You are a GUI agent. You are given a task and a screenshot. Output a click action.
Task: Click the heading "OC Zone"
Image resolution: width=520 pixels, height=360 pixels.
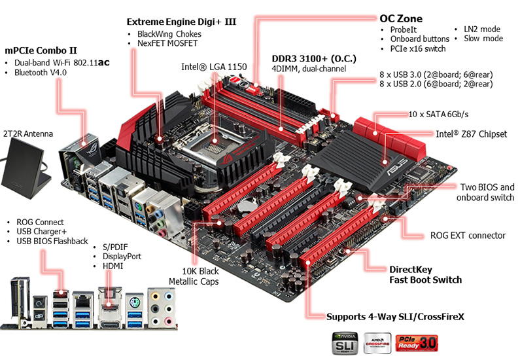tap(400, 18)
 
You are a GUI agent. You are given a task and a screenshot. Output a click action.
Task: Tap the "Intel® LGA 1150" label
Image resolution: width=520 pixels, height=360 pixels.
tap(214, 67)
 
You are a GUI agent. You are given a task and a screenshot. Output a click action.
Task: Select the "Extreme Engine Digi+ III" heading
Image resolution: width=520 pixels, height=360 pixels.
tap(181, 22)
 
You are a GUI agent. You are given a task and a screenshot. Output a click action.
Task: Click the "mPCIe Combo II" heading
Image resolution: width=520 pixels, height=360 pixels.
tap(41, 50)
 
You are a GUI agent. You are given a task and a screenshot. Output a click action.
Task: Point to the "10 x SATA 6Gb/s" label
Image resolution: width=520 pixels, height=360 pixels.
tap(438, 114)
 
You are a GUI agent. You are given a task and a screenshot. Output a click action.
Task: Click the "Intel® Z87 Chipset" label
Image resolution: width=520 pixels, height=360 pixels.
tap(471, 134)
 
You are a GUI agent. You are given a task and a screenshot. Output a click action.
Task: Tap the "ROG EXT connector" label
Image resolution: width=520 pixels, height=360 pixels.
tap(468, 236)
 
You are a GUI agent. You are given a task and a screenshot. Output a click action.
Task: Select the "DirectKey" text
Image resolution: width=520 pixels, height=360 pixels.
tap(411, 270)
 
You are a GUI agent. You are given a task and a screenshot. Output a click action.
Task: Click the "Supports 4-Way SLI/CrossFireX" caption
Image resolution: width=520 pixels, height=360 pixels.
tap(395, 317)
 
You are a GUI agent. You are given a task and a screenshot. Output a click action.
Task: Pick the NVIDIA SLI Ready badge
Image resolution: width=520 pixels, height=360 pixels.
tap(345, 343)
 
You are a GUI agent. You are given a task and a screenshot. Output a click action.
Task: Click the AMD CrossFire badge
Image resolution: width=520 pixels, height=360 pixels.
tap(377, 343)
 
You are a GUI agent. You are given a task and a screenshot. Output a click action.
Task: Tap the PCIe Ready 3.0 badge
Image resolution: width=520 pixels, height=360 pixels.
tap(417, 343)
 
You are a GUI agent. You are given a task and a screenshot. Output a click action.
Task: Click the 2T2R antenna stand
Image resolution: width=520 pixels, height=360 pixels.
tap(27, 168)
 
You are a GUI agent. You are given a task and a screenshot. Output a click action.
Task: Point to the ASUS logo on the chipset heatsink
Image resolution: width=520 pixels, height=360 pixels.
tap(396, 168)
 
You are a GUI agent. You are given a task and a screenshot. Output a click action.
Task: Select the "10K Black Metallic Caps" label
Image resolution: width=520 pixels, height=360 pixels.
tap(194, 276)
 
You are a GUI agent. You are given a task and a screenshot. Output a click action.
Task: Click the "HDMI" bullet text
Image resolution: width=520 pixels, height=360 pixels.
tap(113, 266)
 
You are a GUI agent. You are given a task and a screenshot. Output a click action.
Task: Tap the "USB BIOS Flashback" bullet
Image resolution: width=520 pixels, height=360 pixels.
tap(52, 241)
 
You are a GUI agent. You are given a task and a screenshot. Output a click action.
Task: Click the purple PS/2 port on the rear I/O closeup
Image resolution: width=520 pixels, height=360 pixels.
tap(134, 302)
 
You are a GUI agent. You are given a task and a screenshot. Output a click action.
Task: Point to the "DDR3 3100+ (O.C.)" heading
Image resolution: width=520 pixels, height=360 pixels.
tap(314, 59)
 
